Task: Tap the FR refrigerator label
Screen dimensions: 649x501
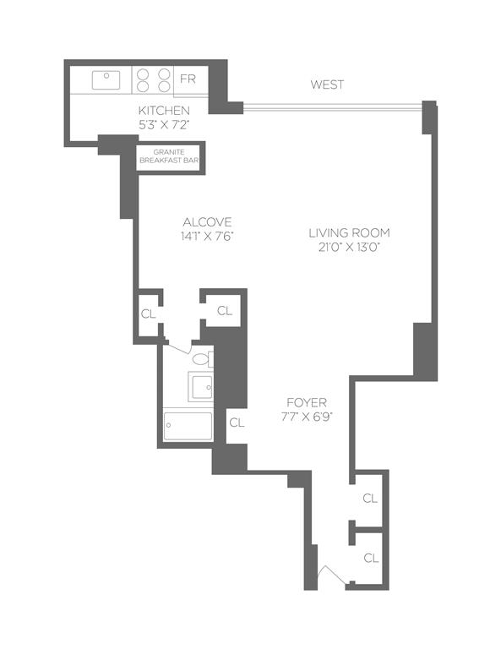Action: pyautogui.click(x=188, y=80)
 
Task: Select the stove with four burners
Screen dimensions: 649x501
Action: pyautogui.click(x=152, y=80)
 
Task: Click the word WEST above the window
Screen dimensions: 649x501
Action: pyautogui.click(x=327, y=85)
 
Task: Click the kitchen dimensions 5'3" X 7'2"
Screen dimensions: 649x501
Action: pyautogui.click(x=164, y=124)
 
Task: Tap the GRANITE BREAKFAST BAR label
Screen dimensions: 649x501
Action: pyautogui.click(x=169, y=158)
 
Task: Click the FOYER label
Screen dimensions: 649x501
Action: pyautogui.click(x=307, y=402)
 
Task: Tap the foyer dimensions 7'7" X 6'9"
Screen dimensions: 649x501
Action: pyautogui.click(x=307, y=417)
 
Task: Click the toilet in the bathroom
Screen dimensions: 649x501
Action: pyautogui.click(x=201, y=359)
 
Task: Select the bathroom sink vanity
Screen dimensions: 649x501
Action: pyautogui.click(x=202, y=387)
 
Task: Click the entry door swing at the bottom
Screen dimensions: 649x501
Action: pyautogui.click(x=331, y=578)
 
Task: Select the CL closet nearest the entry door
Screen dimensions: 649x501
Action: pyautogui.click(x=369, y=558)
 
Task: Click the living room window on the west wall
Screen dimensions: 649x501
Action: pyautogui.click(x=331, y=106)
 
